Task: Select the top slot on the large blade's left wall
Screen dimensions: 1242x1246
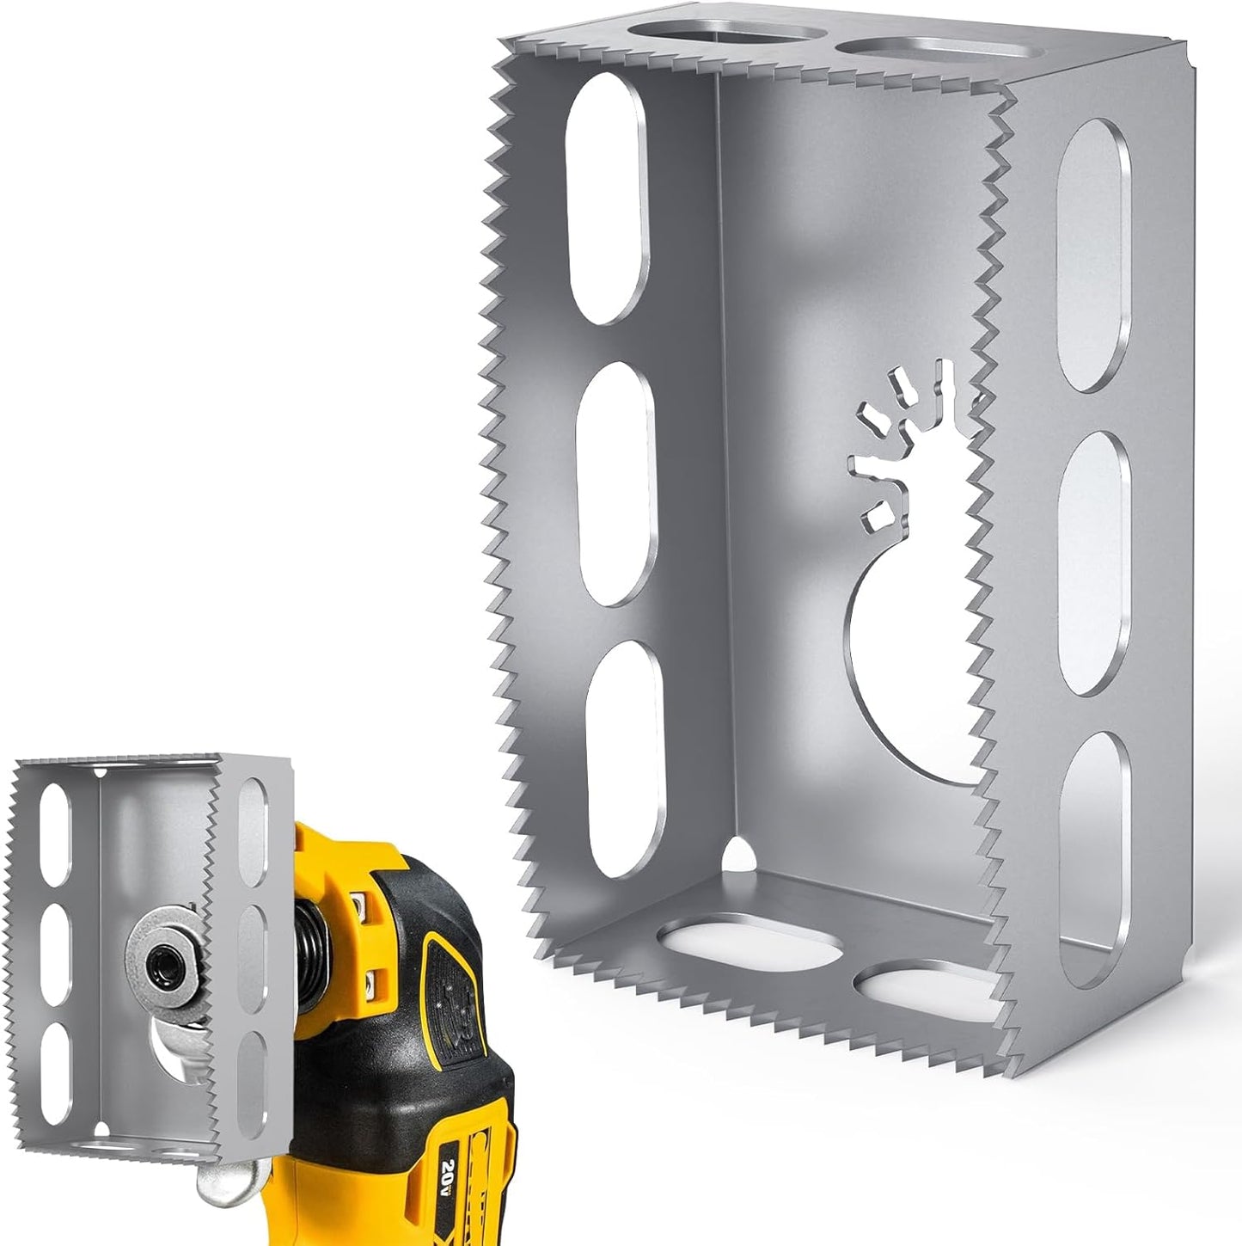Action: pos(607,198)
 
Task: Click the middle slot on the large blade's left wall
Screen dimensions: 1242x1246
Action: pos(617,483)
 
